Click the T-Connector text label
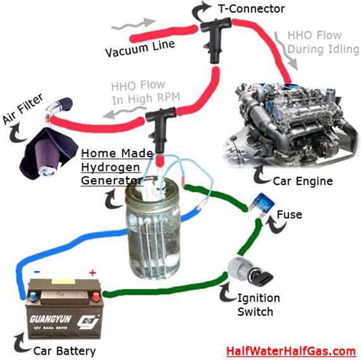(251, 9)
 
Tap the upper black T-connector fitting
(216, 38)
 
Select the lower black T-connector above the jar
(160, 127)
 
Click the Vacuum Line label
(140, 48)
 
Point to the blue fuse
(262, 203)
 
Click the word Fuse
(289, 215)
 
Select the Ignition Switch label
(258, 305)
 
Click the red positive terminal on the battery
(95, 296)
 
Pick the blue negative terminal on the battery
(34, 296)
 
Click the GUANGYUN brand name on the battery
(50, 319)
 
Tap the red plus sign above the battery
(93, 272)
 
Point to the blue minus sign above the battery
(37, 272)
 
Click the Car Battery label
(65, 351)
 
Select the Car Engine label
(303, 181)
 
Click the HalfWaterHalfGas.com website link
(291, 352)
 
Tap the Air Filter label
(23, 109)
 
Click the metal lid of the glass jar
(152, 188)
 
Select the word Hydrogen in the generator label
(110, 167)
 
